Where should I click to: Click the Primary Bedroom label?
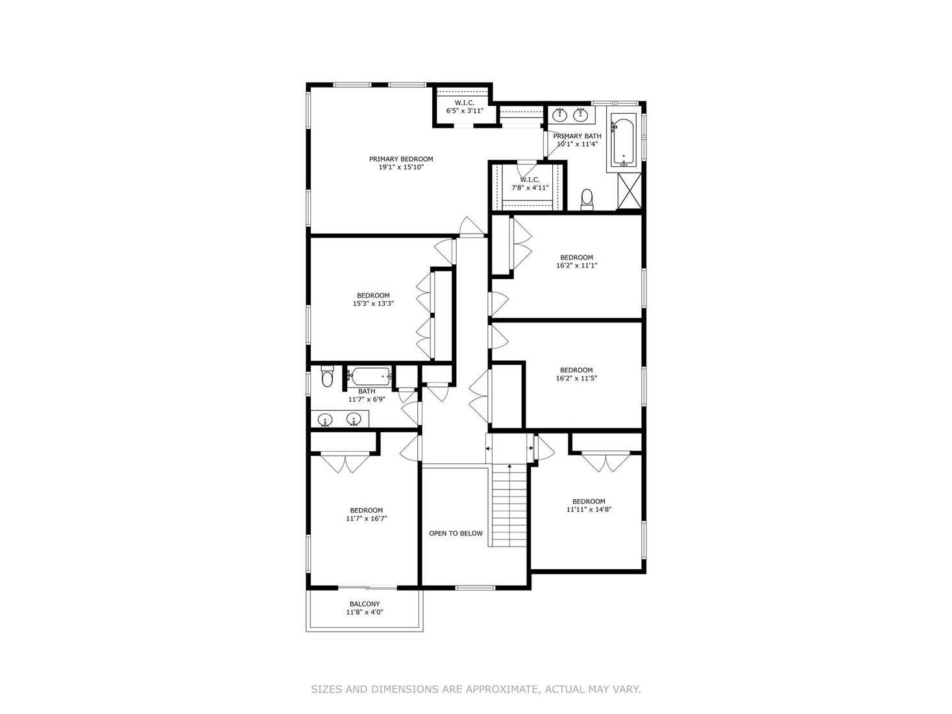click(x=400, y=159)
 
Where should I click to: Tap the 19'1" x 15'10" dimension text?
click(x=400, y=167)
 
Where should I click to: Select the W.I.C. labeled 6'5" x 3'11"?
click(x=464, y=107)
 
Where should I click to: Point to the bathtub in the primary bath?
click(x=624, y=140)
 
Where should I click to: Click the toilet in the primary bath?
click(x=587, y=197)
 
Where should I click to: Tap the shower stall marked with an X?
click(x=629, y=191)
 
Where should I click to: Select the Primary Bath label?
click(x=577, y=136)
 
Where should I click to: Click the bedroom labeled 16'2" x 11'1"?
click(x=576, y=262)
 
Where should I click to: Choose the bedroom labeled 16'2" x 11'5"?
click(x=576, y=375)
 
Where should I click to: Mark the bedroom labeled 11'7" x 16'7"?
click(x=367, y=515)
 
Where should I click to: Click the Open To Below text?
click(x=456, y=534)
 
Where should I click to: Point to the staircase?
click(x=510, y=506)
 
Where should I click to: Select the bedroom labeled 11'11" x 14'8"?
click(x=589, y=506)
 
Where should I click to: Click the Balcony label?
click(x=365, y=604)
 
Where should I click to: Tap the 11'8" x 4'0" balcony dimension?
click(x=365, y=612)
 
